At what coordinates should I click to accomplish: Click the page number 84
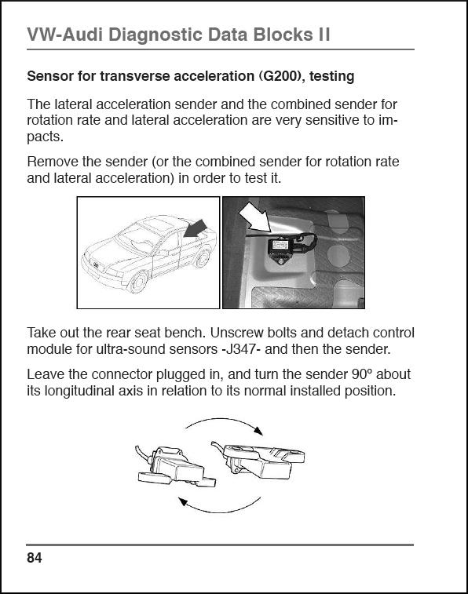point(34,558)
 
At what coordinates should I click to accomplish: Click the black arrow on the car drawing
point(196,229)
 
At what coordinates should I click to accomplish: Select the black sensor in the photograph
point(283,250)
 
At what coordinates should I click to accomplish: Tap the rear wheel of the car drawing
point(203,258)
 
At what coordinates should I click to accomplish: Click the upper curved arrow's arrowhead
point(258,431)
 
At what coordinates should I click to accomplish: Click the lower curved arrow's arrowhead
point(184,502)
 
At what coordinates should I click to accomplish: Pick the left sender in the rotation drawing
point(175,467)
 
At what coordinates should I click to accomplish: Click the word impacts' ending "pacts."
point(45,137)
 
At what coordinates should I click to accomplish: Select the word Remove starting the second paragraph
point(51,162)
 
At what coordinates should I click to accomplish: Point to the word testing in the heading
point(331,76)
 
